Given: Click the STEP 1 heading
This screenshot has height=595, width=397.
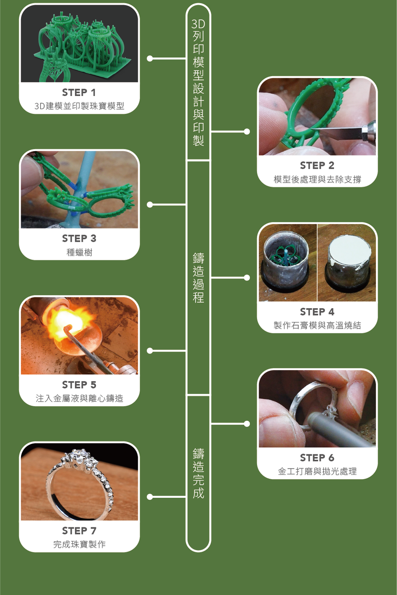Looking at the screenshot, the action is click(x=79, y=92).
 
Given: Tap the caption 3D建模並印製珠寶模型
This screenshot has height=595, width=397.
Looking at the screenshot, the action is click(x=79, y=106).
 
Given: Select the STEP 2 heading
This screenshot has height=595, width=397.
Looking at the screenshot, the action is click(x=317, y=166).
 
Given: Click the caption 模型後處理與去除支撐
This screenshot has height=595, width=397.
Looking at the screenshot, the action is click(x=317, y=179).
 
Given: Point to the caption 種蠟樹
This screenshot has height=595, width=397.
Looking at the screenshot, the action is click(x=79, y=252).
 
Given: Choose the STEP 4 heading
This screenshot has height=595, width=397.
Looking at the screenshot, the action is click(x=317, y=311).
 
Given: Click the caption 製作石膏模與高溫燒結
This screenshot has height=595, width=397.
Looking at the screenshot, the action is click(x=317, y=325).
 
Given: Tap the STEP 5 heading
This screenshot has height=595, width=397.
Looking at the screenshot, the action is click(x=79, y=385).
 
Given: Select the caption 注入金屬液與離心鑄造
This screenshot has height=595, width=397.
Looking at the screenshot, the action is click(x=79, y=398).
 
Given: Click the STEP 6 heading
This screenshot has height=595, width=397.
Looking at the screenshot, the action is click(x=317, y=458).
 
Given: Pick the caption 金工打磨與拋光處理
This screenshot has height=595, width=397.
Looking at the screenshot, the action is click(x=317, y=471).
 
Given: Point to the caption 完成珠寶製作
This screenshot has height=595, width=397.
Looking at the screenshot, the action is click(x=79, y=544).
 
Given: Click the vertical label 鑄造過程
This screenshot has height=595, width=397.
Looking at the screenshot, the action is click(x=198, y=278).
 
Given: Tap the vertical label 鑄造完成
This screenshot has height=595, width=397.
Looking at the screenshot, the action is click(x=198, y=473).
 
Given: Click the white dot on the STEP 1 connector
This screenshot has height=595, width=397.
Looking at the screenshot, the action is click(x=150, y=58).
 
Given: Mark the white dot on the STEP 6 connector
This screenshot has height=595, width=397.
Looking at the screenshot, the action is click(x=247, y=424).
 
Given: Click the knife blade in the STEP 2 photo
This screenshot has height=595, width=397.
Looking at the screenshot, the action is click(x=337, y=132).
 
